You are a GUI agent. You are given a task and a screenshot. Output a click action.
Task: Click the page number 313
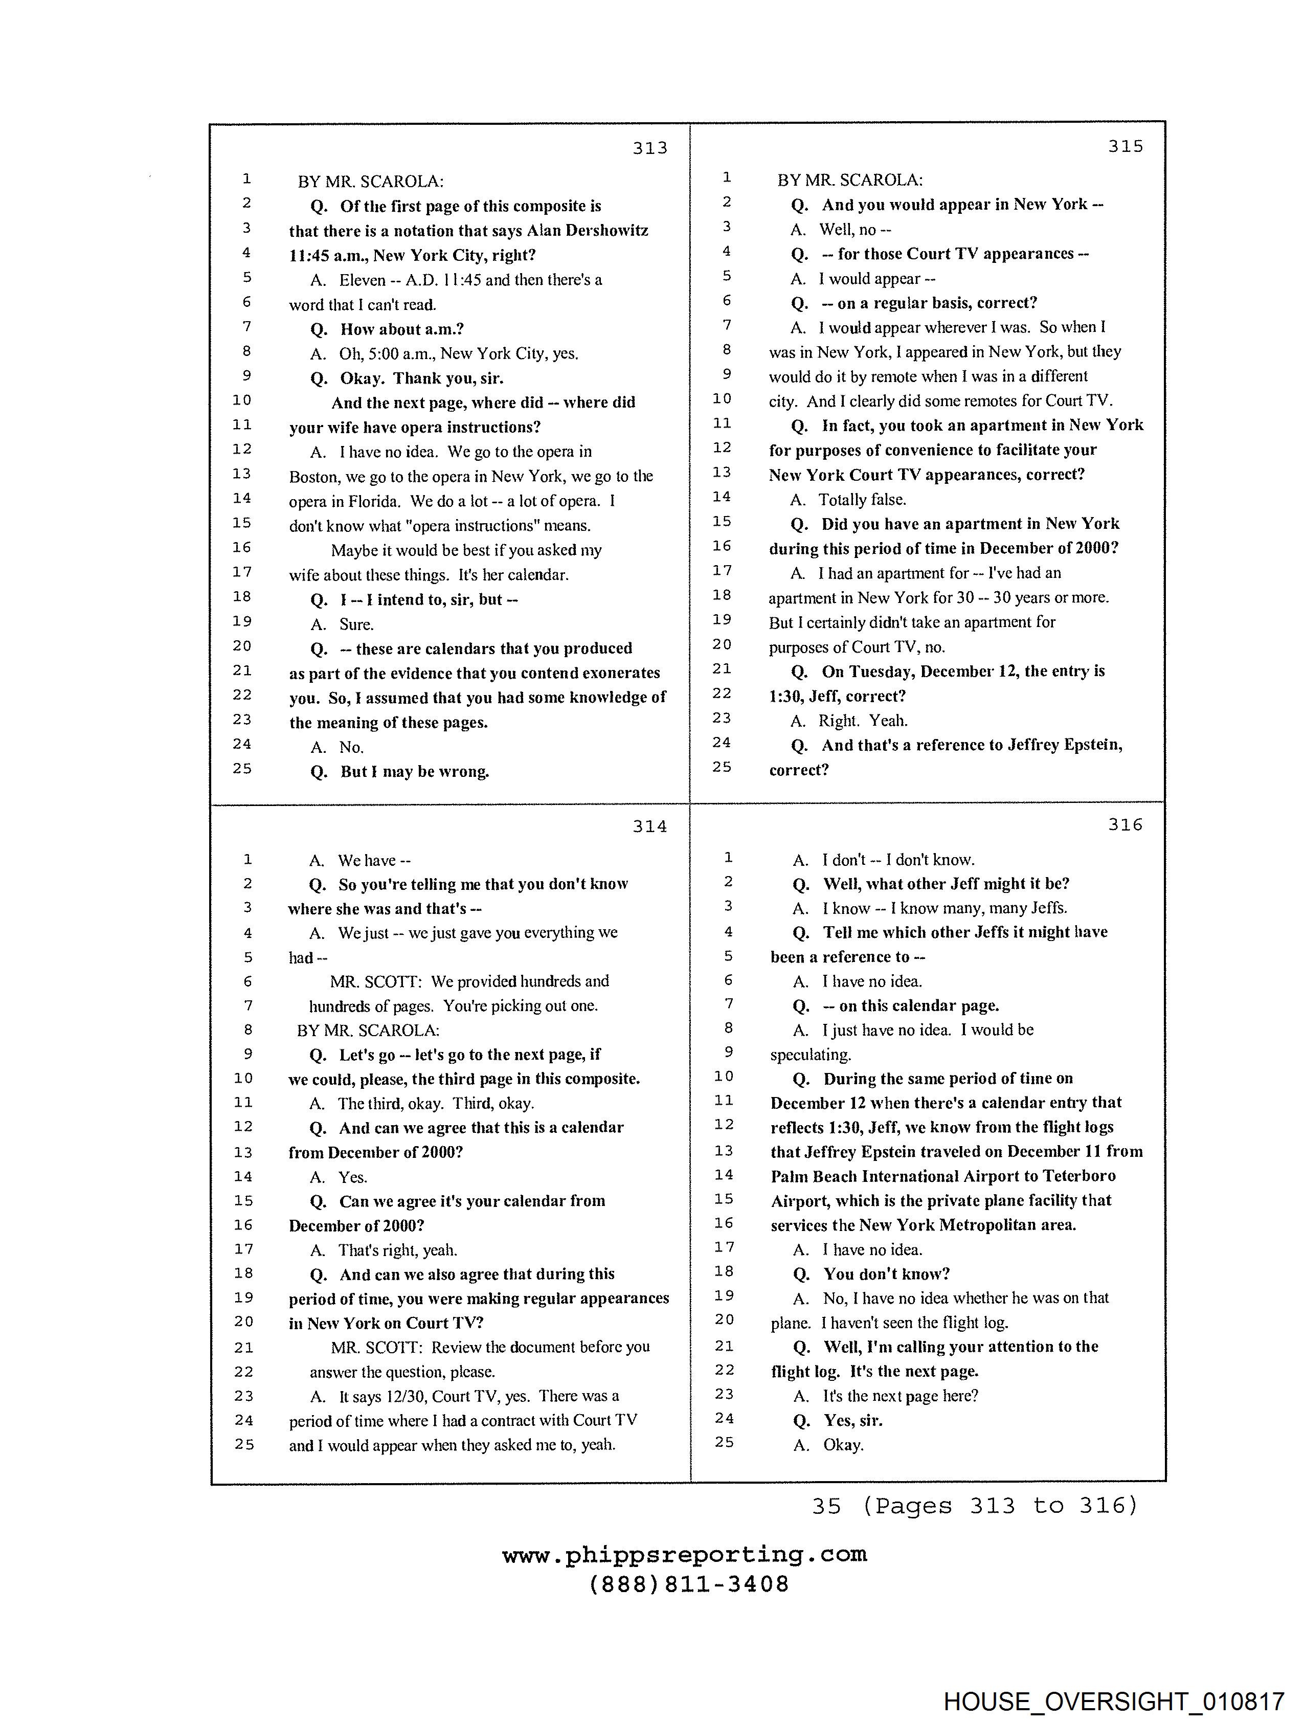[649, 148]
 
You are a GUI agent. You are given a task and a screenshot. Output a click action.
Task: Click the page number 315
[1126, 146]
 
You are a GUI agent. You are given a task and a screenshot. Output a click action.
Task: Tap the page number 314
[649, 826]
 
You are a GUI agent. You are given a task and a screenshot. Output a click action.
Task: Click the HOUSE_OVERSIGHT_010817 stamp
[1114, 1701]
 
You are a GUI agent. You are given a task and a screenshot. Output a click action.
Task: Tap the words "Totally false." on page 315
[862, 499]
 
